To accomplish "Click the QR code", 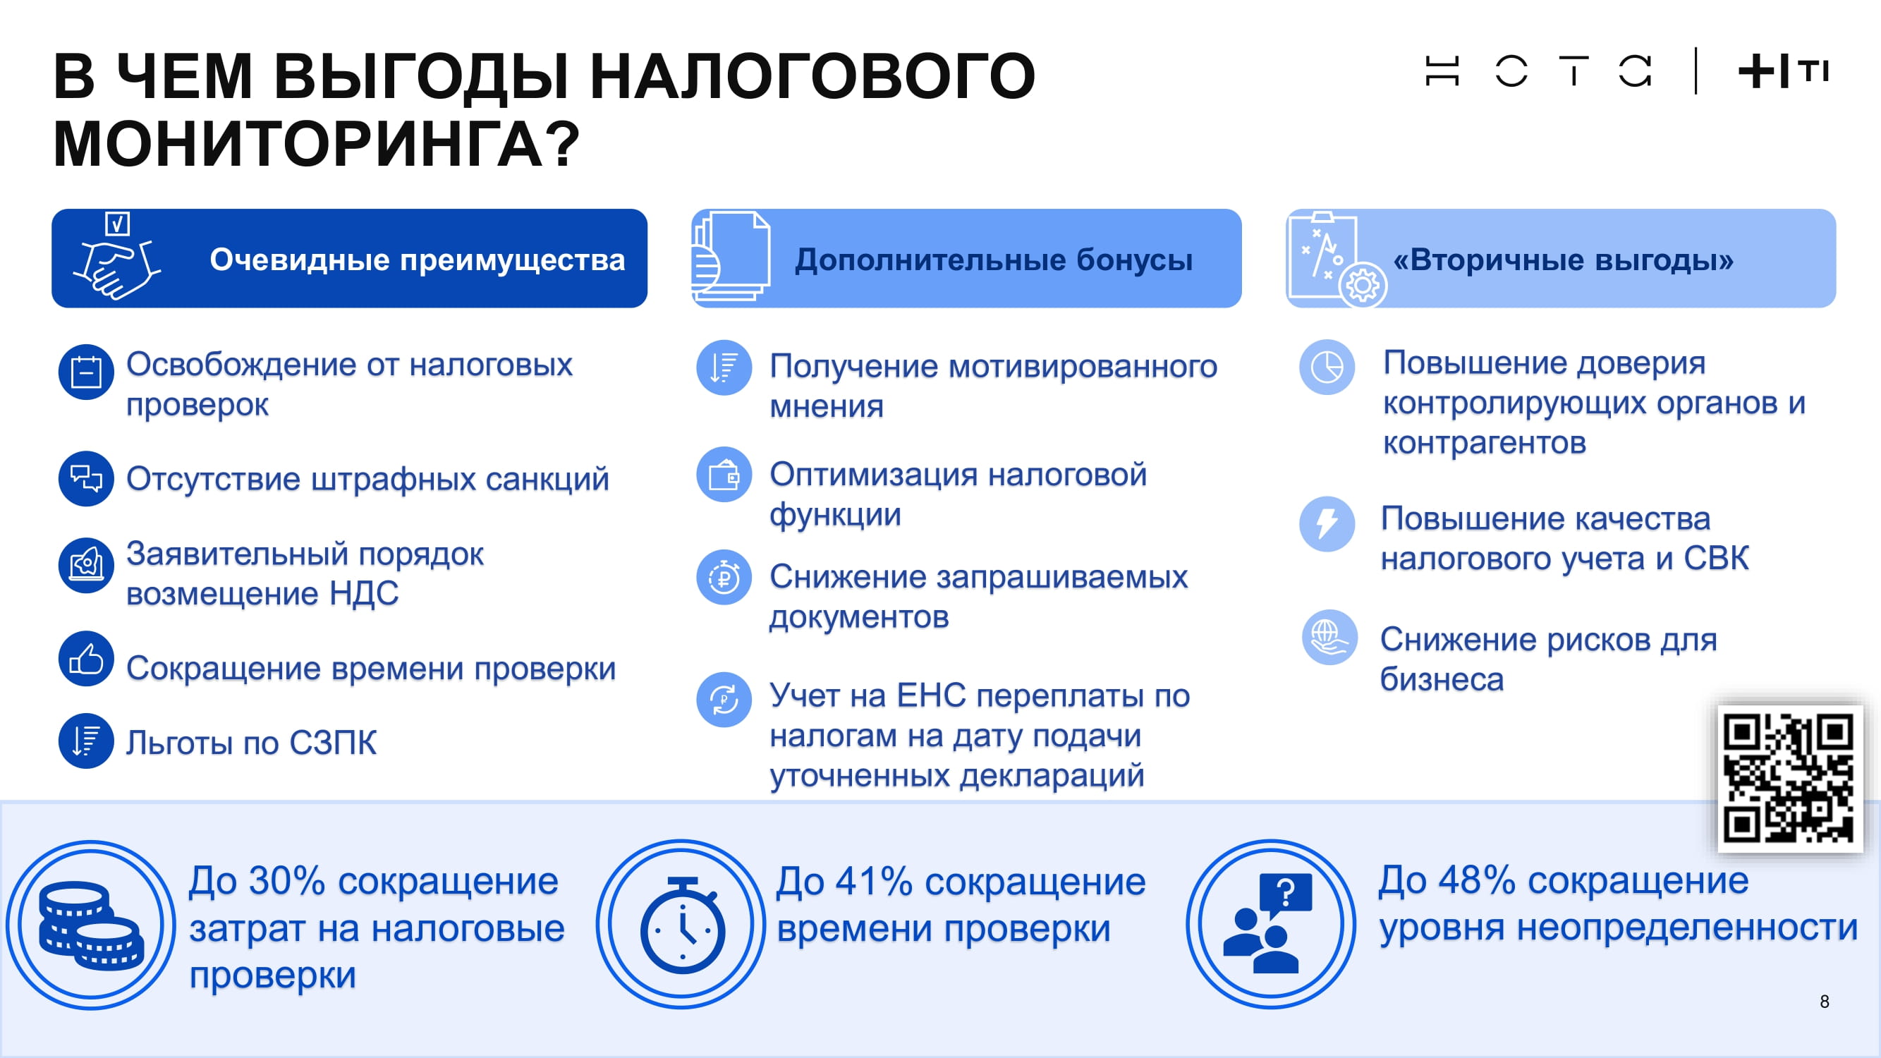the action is (1789, 779).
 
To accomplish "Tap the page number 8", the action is (1824, 1002).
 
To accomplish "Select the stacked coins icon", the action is (90, 925).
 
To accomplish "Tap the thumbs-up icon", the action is (86, 659).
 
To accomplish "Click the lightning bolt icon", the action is (1327, 523).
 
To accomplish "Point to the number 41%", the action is (874, 881).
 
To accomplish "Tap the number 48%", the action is (1477, 880).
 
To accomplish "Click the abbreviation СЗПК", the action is (333, 743).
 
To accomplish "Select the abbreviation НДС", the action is (364, 594).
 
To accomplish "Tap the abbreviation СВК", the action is (1716, 559).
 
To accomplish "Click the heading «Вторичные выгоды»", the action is (1564, 260).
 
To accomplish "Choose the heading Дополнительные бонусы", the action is (994, 260).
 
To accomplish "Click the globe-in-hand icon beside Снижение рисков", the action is (1329, 638).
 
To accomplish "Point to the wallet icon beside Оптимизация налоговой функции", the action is (724, 475).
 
